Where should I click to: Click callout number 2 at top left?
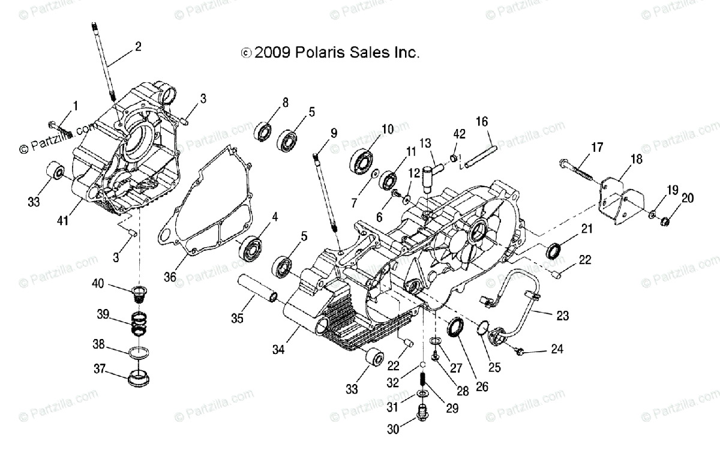point(138,46)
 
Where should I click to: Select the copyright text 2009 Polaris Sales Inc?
point(330,53)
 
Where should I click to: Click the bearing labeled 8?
point(263,131)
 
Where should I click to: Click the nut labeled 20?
point(665,223)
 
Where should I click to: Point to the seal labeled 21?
point(554,251)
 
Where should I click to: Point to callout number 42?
point(459,133)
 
